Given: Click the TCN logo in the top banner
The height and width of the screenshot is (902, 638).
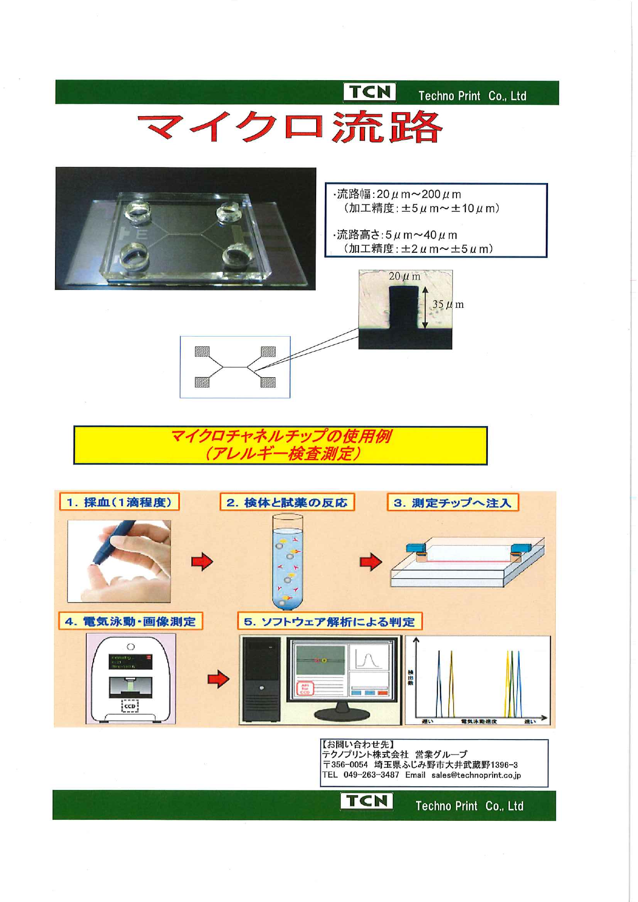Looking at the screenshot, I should [x=370, y=92].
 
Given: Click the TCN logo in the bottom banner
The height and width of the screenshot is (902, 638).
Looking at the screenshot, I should [x=366, y=801].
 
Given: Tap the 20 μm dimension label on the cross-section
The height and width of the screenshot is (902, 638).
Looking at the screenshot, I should [x=404, y=276].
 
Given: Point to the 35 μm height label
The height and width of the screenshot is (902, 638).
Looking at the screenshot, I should [x=447, y=304].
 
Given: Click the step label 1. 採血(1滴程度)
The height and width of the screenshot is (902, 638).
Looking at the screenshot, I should [x=119, y=502].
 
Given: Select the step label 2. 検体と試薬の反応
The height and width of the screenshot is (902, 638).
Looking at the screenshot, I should [x=287, y=502].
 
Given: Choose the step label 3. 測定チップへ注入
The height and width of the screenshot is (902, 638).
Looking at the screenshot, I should [x=452, y=503].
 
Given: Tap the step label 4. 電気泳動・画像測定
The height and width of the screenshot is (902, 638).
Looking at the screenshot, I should [x=130, y=621].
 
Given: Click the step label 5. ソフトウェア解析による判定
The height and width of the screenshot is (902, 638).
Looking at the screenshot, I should [x=329, y=621].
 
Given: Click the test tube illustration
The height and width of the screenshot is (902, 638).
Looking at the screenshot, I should [x=287, y=563].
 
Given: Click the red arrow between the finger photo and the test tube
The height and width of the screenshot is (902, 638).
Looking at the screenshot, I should [x=202, y=561].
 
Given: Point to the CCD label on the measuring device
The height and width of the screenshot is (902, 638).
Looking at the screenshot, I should [x=130, y=706].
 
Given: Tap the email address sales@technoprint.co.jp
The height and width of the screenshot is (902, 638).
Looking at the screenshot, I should [x=476, y=775].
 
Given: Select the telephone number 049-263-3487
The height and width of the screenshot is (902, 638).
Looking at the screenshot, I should [x=371, y=775].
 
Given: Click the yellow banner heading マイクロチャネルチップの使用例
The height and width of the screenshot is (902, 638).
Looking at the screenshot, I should [x=280, y=437].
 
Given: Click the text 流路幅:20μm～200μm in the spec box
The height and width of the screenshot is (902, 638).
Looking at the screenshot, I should [x=398, y=194].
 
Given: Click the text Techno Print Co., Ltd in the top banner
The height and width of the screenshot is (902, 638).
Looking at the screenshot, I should [x=471, y=96].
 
